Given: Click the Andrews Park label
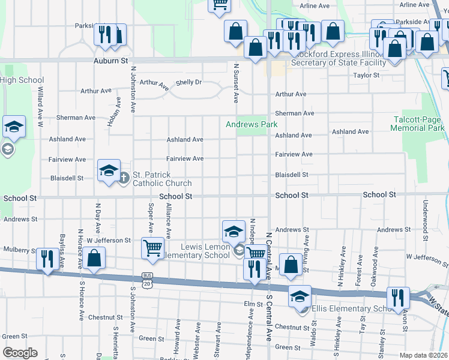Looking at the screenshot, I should point(252,125).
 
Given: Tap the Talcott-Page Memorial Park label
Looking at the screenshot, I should point(417,124).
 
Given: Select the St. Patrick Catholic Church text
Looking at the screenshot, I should point(162,179).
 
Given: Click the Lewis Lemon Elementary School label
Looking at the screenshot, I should point(205,251).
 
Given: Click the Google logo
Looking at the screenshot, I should point(20,353).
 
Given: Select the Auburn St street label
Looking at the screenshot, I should point(111,61).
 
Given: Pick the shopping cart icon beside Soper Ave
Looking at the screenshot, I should point(153,247).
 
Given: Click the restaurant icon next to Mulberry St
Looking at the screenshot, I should point(47,259).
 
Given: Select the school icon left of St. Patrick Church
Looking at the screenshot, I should point(109,171).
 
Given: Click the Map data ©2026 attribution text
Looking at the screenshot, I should point(423,355).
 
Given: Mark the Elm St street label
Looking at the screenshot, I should point(250,305).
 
